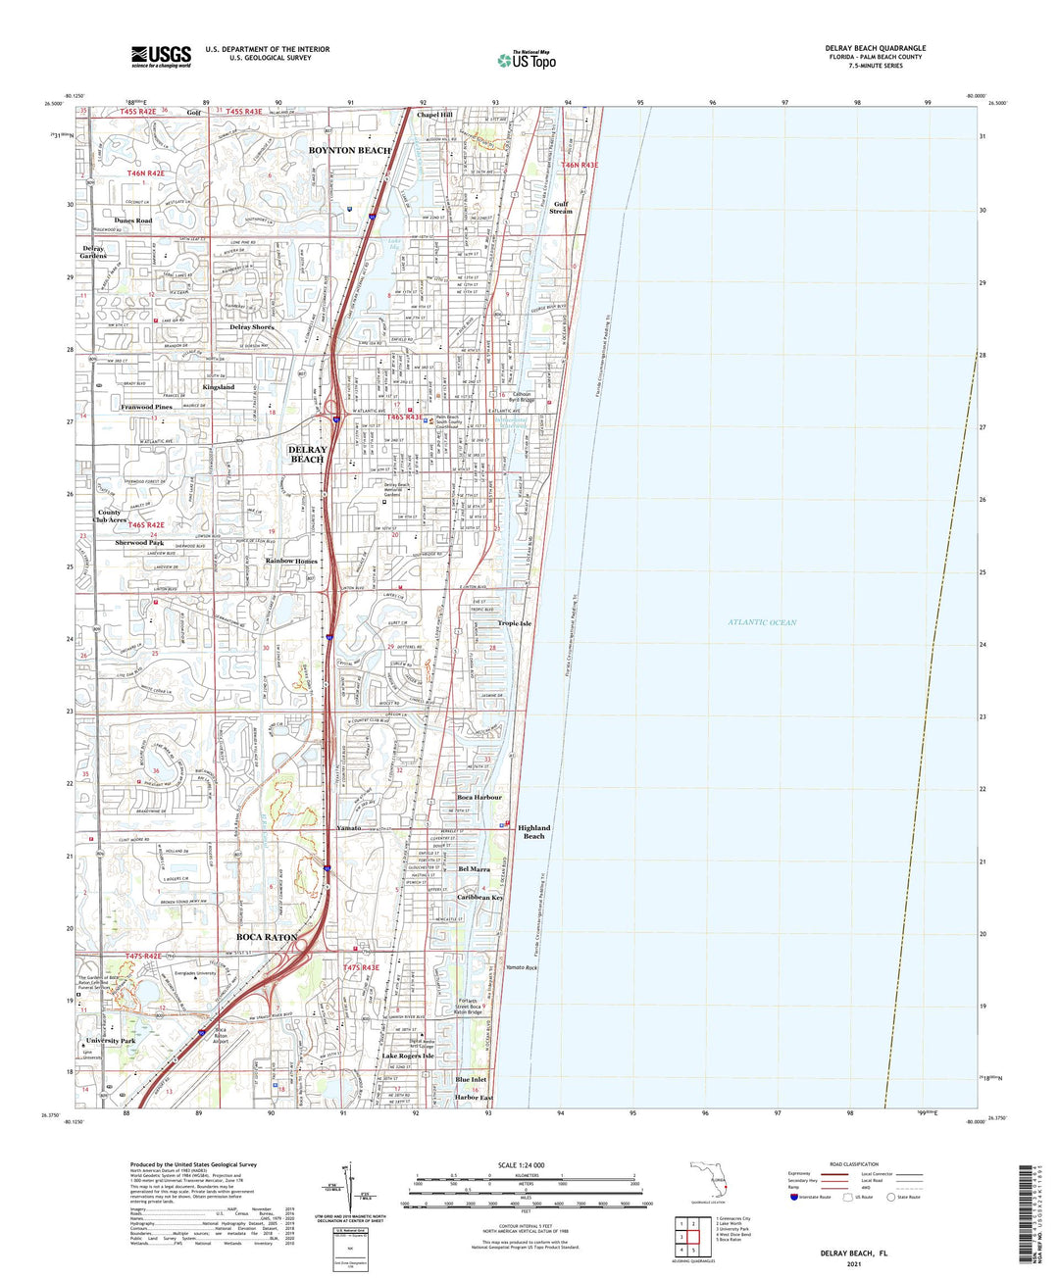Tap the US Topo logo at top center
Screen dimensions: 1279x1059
[x=527, y=60]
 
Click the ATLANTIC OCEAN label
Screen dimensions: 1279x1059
[x=762, y=622]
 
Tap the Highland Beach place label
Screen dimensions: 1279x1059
[x=533, y=831]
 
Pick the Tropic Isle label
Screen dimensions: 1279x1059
[x=514, y=623]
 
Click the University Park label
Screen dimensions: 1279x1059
[x=110, y=1040]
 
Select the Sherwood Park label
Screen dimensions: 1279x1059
[x=139, y=542]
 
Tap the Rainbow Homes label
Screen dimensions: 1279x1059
[x=292, y=561]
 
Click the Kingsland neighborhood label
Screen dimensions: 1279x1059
[x=219, y=387]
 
